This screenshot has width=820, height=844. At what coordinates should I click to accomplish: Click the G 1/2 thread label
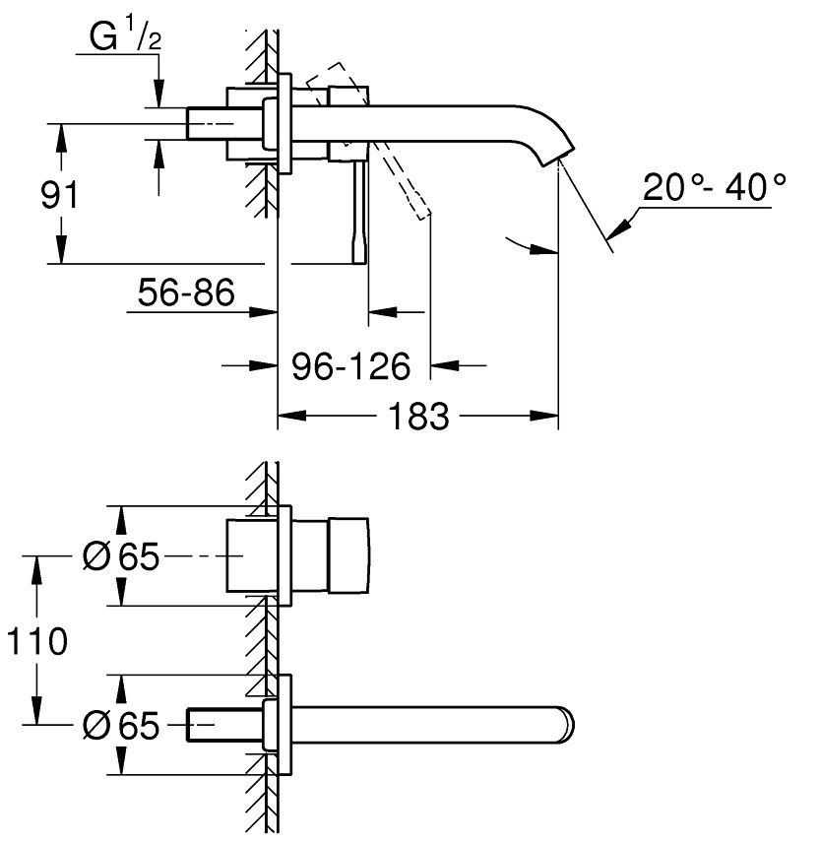(x=126, y=34)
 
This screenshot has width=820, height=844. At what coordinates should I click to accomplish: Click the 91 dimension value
(x=59, y=195)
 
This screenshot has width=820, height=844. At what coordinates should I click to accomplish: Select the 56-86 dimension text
(x=186, y=292)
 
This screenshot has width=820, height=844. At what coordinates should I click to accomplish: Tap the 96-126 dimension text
(x=350, y=366)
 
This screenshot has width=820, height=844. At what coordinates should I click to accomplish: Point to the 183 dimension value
(x=418, y=416)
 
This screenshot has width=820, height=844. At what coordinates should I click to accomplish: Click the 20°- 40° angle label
(x=715, y=187)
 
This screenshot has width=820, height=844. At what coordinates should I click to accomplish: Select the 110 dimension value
(x=36, y=641)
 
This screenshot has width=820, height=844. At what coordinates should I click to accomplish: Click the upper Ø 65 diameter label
(x=121, y=556)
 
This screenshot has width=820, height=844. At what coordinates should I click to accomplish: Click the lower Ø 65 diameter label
(x=121, y=725)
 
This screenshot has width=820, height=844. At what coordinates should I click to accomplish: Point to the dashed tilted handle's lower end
(x=424, y=216)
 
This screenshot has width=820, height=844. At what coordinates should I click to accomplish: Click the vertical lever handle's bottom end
(x=360, y=263)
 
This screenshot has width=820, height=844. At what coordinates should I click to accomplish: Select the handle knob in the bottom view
(x=348, y=556)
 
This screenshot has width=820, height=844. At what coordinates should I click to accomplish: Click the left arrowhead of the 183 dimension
(x=291, y=416)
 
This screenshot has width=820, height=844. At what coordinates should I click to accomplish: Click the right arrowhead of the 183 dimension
(x=544, y=416)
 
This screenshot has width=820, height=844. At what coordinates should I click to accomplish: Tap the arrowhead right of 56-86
(x=263, y=311)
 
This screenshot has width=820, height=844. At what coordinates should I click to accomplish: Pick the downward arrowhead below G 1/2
(x=158, y=94)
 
